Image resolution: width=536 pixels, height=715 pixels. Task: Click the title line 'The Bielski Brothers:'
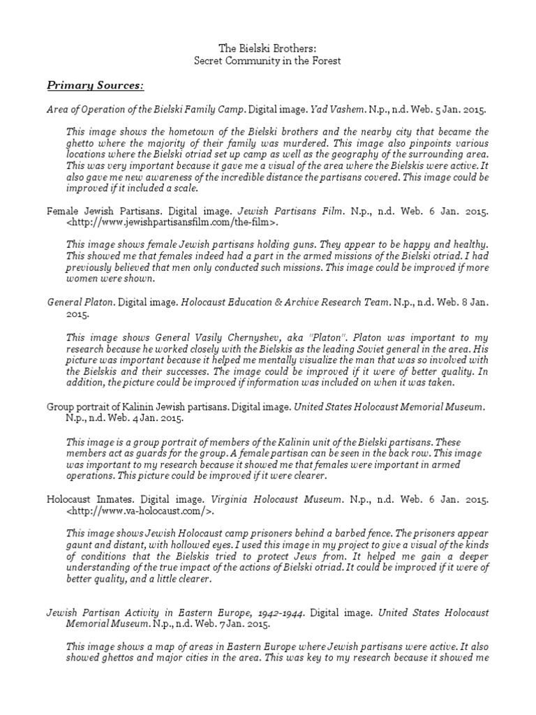pyautogui.click(x=267, y=48)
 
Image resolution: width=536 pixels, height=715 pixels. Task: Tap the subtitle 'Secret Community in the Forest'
pyautogui.click(x=267, y=61)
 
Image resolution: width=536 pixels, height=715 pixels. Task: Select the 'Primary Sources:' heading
pyautogui.click(x=96, y=85)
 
